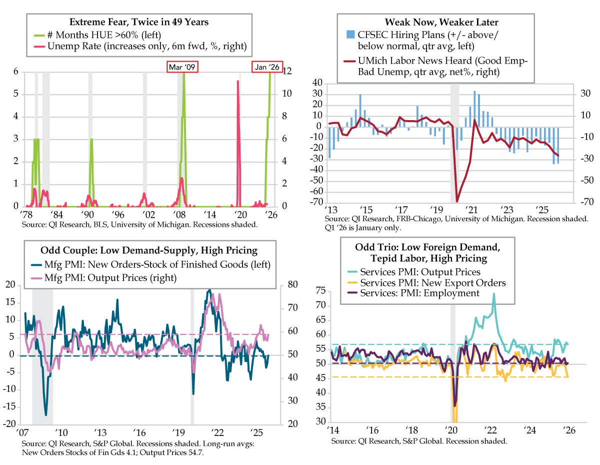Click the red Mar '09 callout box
pyautogui.click(x=183, y=67)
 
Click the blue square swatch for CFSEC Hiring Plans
pyautogui.click(x=350, y=35)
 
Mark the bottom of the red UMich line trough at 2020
pyautogui.click(x=457, y=201)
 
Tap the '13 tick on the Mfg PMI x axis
pyautogui.click(x=100, y=432)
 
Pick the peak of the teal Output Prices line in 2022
pyautogui.click(x=494, y=294)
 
